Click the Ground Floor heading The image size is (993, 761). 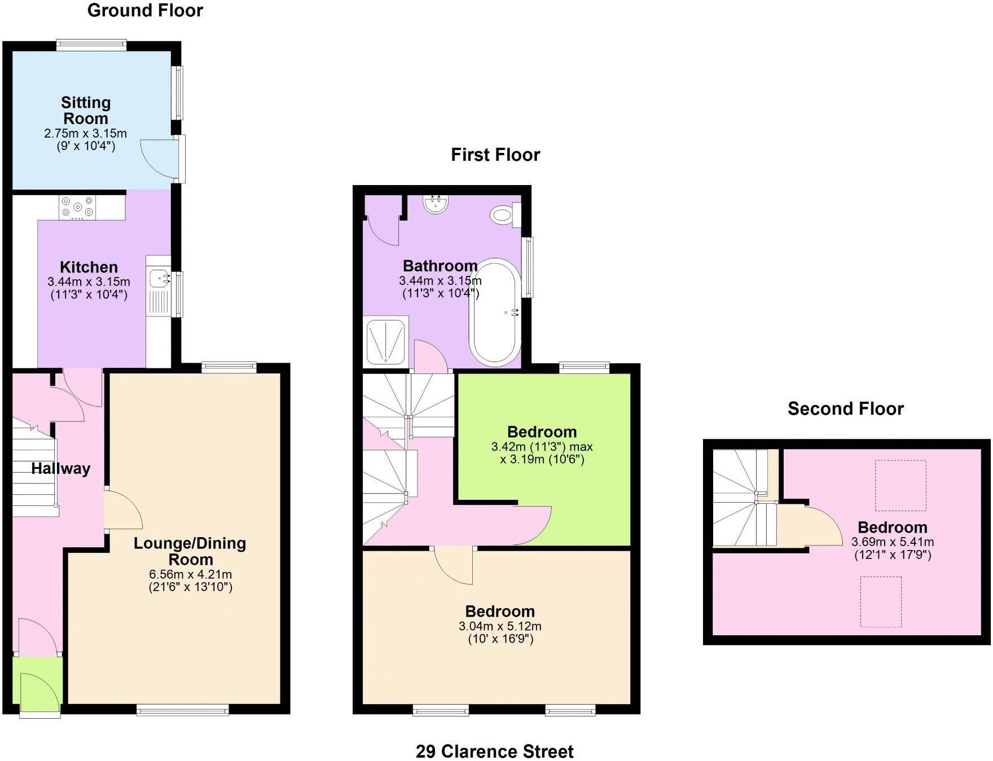145,11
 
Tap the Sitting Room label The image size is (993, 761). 85,111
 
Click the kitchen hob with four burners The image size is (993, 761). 78,207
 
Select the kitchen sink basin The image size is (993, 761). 159,278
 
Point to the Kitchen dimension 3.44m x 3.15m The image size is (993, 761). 89,281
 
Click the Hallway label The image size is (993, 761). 60,469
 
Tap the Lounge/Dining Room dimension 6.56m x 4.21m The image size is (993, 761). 190,574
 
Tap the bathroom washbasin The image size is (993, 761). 436,204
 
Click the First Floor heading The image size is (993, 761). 495,155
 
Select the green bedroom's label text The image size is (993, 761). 542,432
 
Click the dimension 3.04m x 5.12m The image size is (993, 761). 500,626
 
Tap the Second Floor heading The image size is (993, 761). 845,408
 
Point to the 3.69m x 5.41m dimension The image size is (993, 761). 892,542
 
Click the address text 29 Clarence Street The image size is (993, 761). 494,751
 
